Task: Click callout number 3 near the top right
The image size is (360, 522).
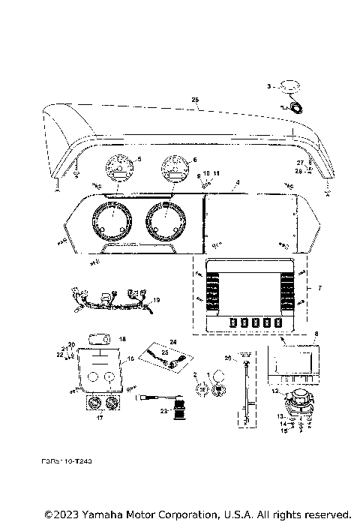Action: click(268, 87)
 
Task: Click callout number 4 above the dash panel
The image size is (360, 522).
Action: click(237, 182)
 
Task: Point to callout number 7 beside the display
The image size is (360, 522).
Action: click(320, 288)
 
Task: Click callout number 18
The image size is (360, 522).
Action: click(123, 339)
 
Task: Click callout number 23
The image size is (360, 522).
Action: click(162, 409)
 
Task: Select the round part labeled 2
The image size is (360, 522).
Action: click(201, 388)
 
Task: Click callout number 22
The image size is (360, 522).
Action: click(60, 355)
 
